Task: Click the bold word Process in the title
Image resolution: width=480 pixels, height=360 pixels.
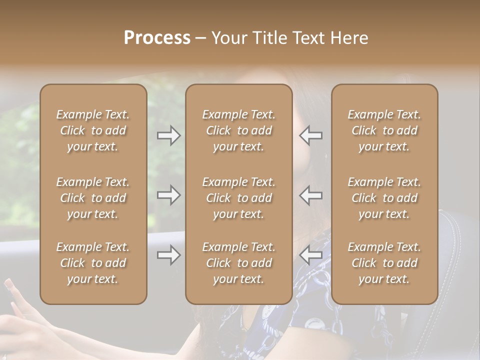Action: pyautogui.click(x=157, y=38)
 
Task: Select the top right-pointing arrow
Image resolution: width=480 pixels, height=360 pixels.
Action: pyautogui.click(x=169, y=135)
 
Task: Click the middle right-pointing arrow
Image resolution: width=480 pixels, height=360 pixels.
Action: pyautogui.click(x=169, y=195)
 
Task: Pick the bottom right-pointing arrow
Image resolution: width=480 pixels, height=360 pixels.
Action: pyautogui.click(x=169, y=255)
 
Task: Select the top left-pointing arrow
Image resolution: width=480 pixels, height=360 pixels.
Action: pyautogui.click(x=311, y=135)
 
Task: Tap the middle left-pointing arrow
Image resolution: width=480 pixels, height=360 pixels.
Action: pyautogui.click(x=311, y=195)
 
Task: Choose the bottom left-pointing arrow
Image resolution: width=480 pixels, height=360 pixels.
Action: pyautogui.click(x=311, y=255)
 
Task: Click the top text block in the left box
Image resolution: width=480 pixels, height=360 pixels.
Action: pyautogui.click(x=93, y=130)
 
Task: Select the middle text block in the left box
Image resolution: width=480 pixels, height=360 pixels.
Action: pyautogui.click(x=93, y=198)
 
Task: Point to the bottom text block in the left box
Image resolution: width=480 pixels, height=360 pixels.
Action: pyautogui.click(x=93, y=263)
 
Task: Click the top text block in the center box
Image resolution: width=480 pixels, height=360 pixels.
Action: pyautogui.click(x=239, y=130)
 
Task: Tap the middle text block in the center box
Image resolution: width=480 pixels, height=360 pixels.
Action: pyautogui.click(x=239, y=198)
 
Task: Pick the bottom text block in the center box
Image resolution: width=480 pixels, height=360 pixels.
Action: pyautogui.click(x=239, y=263)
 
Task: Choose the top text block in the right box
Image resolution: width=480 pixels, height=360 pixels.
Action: pyautogui.click(x=384, y=130)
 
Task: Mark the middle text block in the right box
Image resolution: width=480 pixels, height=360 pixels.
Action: pyautogui.click(x=384, y=198)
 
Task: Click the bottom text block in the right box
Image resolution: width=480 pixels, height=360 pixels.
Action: pyautogui.click(x=384, y=263)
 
